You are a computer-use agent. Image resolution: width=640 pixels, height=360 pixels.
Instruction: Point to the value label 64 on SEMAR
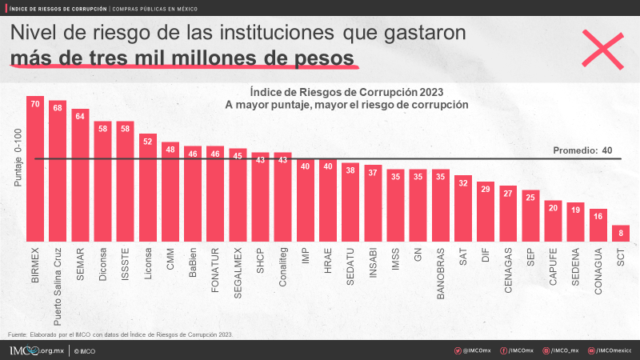(x=80, y=115)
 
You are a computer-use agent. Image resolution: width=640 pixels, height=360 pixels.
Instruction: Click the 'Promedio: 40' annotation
(x=583, y=150)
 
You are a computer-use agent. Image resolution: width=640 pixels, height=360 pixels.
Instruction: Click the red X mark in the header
(x=601, y=50)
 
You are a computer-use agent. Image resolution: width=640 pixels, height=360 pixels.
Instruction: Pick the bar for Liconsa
(x=148, y=187)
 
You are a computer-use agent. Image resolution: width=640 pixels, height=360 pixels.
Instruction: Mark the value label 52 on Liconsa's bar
(x=148, y=141)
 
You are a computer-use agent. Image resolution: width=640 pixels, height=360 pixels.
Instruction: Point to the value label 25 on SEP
(x=530, y=197)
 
